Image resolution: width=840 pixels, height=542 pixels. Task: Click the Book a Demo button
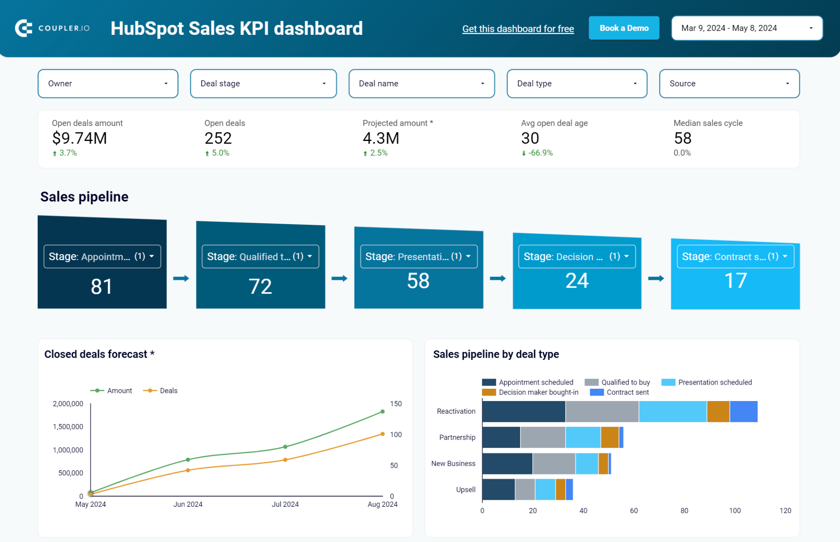click(x=623, y=28)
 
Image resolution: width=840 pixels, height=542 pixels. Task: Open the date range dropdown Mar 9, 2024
click(x=746, y=28)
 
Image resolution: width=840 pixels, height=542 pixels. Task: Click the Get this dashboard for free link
click(x=518, y=29)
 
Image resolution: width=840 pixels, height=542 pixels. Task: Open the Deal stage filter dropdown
click(x=263, y=84)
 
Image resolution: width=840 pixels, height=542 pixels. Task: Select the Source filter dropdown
click(x=729, y=84)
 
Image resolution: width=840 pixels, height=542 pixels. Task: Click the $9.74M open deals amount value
click(x=80, y=138)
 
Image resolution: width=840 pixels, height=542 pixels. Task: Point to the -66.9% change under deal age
click(x=540, y=153)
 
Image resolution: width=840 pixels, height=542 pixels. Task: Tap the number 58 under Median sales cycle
click(x=682, y=138)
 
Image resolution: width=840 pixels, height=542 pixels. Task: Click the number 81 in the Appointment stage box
click(x=102, y=286)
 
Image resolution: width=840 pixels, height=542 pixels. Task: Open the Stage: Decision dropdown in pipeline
click(x=576, y=256)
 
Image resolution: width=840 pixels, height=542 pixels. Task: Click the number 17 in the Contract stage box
click(x=735, y=281)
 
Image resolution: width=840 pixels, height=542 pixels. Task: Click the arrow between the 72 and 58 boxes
click(x=339, y=279)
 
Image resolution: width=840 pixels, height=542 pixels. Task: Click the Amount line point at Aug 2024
click(x=382, y=411)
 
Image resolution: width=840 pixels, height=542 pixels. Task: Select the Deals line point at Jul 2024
click(x=285, y=460)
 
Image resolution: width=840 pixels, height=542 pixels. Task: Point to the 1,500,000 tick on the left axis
click(x=68, y=426)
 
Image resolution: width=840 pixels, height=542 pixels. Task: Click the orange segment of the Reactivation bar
click(x=718, y=411)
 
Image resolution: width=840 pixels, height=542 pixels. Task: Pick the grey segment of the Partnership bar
click(x=542, y=437)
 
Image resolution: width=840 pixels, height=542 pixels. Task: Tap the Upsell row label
click(x=466, y=490)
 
